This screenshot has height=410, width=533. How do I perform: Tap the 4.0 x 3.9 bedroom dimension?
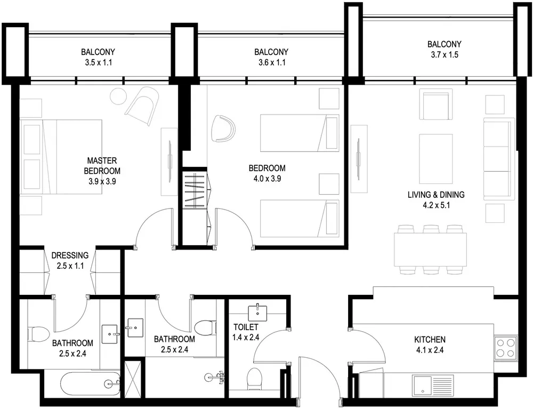267,179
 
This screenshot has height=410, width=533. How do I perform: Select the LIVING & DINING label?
435,195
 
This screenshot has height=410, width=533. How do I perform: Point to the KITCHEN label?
430,340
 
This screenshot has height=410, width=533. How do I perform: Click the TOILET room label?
245,327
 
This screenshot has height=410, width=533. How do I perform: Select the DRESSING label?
70,255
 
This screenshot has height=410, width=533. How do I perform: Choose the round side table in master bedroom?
118,97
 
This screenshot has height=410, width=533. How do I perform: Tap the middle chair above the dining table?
431,229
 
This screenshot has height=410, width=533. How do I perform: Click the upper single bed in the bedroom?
300,133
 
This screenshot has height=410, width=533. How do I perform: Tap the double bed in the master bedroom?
61,157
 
